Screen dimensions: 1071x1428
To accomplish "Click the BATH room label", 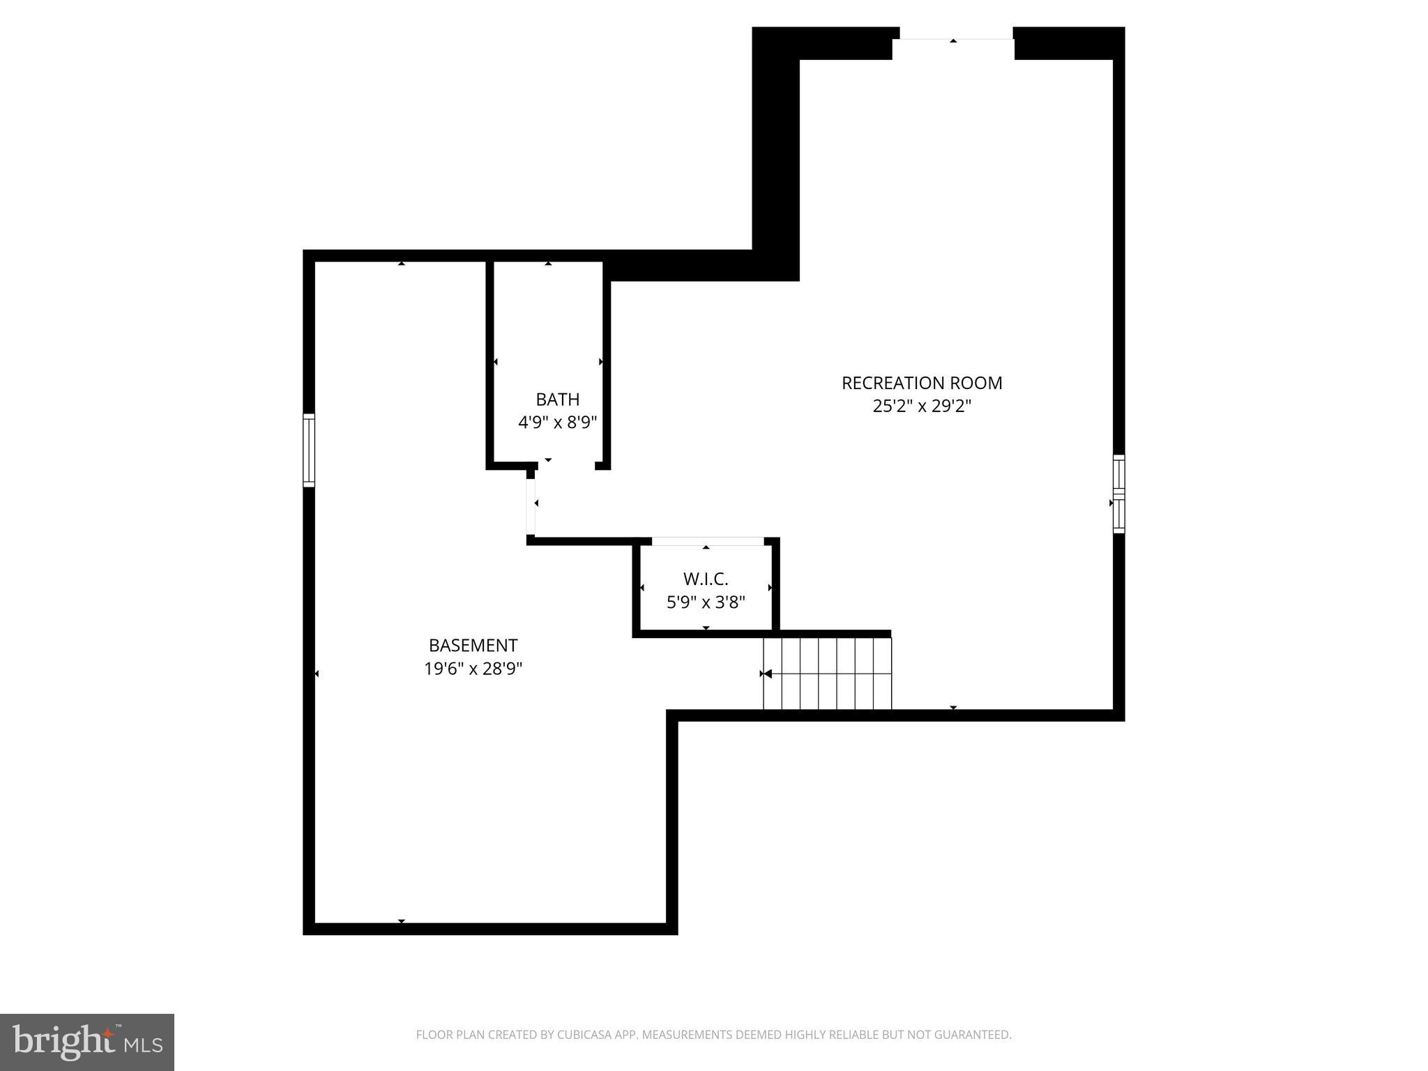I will click(x=557, y=400).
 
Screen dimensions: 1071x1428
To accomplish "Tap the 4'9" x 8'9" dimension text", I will click(x=557, y=423).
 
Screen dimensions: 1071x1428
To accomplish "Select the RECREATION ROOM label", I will click(x=921, y=383).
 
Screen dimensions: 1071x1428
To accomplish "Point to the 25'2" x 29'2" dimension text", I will click(x=921, y=406).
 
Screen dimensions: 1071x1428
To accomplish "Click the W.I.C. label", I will click(x=706, y=579).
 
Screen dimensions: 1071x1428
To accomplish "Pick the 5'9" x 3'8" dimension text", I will click(x=706, y=602).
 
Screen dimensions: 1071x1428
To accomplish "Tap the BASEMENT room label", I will click(x=473, y=646).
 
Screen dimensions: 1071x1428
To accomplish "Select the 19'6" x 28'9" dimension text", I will click(x=473, y=669).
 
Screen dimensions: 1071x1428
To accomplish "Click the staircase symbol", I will click(x=828, y=674).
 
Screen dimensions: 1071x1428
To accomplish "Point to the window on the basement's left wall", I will click(x=308, y=450).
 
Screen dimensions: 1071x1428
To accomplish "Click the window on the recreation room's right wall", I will click(x=1118, y=494).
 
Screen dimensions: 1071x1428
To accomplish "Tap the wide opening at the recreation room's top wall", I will click(x=953, y=39).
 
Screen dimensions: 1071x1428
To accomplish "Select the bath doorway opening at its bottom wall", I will click(x=566, y=465).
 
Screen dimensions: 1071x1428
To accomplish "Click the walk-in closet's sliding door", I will click(x=707, y=542).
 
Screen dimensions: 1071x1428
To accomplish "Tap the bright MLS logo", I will click(x=87, y=1042).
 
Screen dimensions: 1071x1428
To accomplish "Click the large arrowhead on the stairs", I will click(x=768, y=674).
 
